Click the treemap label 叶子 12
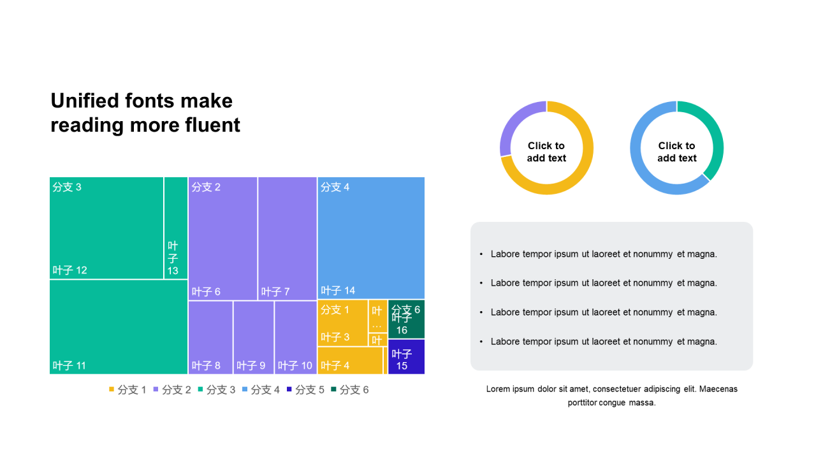click(69, 270)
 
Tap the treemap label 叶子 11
click(69, 366)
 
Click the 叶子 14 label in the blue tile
click(338, 291)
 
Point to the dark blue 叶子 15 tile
click(406, 357)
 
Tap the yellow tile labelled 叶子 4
click(349, 361)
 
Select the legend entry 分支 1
click(127, 390)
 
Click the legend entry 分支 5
click(305, 390)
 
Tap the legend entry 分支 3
click(216, 390)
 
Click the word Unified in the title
click(85, 101)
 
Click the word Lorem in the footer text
click(499, 389)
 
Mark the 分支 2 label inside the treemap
click(206, 187)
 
